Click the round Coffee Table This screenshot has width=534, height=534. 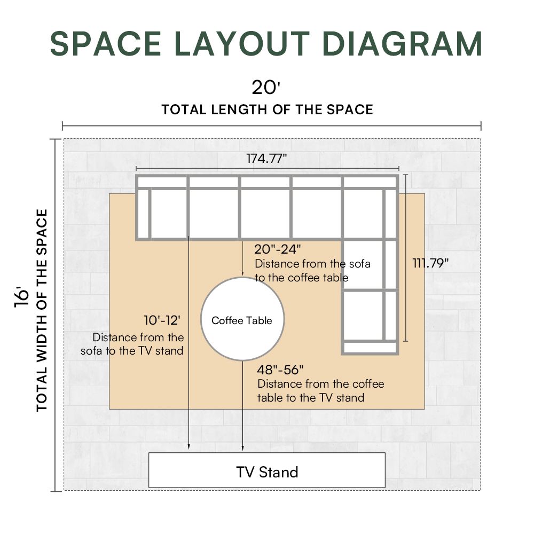pos(242,319)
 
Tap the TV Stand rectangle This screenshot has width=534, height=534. pos(267,470)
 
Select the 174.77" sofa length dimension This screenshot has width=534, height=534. pos(266,159)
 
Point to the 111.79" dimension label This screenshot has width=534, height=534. pos(430,263)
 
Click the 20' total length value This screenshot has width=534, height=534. pos(265,87)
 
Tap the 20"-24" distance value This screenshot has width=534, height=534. pos(278,249)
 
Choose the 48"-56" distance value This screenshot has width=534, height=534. pos(280,370)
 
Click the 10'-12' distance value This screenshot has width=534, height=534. pos(162,320)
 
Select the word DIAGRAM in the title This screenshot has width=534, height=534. pos(402,44)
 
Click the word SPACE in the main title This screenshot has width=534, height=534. pos(106,44)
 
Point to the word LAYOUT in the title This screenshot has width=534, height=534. pos(242,44)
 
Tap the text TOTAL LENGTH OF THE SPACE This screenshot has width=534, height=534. pos(268,109)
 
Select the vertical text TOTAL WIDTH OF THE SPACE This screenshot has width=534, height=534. pos(42,310)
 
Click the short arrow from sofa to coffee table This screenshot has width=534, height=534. pos(242,258)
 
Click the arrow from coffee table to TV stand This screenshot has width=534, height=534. pos(242,406)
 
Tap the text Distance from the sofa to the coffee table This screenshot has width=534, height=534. pos(312,271)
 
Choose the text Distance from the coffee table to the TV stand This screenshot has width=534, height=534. pos(320,391)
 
